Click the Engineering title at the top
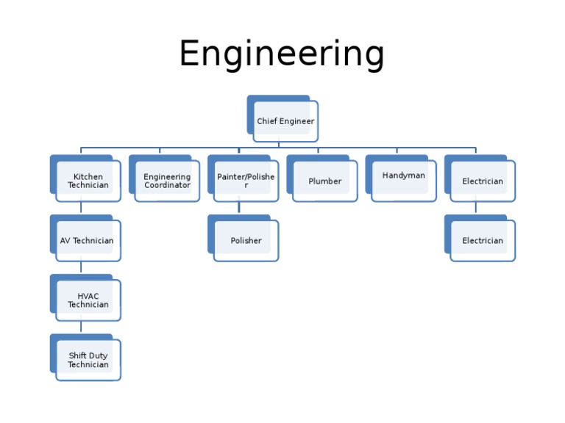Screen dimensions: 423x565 (282, 54)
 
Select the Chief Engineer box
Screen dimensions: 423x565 (285, 121)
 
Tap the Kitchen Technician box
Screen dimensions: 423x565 (88, 181)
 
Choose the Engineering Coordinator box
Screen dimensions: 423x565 (166, 181)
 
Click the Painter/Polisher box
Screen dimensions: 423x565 (245, 181)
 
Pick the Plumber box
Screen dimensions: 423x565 (324, 181)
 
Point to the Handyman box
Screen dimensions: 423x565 (403, 176)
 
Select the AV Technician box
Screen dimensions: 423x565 (87, 241)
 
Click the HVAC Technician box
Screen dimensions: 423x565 (88, 300)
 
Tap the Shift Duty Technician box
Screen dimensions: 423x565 (88, 360)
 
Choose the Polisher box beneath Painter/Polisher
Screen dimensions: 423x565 (246, 241)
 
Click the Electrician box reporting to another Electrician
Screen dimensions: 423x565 (482, 241)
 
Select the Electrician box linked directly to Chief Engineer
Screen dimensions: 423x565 (482, 181)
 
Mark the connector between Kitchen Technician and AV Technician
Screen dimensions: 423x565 (81, 208)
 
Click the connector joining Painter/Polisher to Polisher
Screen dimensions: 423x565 (239, 208)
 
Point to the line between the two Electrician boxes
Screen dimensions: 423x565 (475, 208)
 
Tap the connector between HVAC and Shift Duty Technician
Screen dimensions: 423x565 (81, 328)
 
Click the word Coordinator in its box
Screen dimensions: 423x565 (167, 186)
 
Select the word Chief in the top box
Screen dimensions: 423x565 (266, 121)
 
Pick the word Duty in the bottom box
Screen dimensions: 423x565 (98, 356)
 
